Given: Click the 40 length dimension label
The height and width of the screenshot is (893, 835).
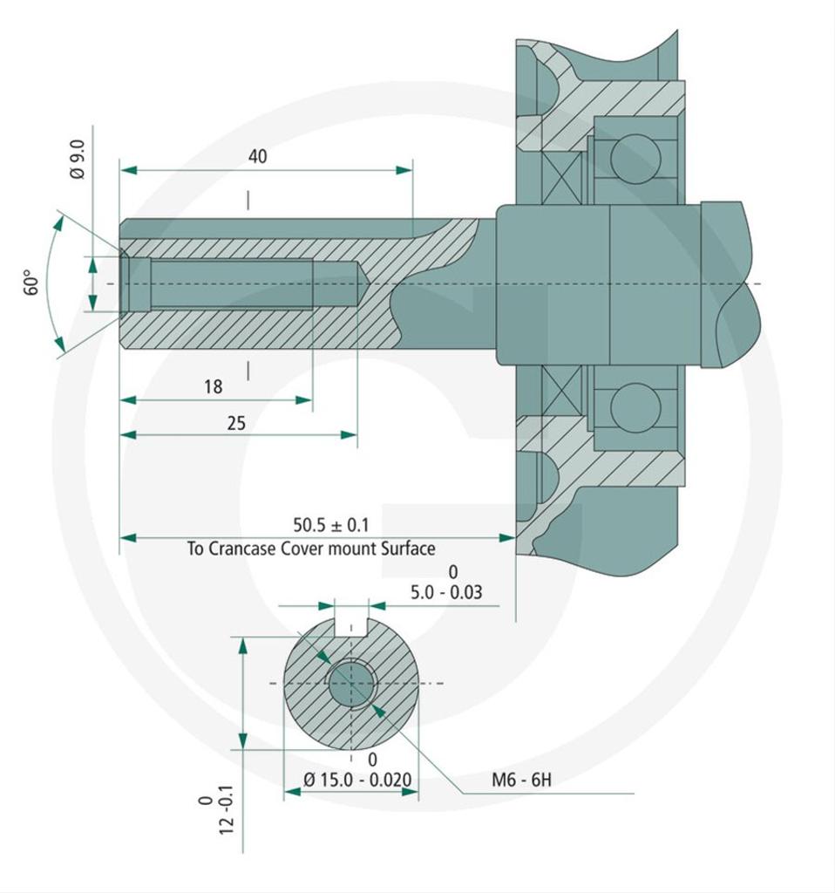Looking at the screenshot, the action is click(257, 156).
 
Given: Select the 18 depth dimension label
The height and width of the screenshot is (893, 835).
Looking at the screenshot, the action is click(213, 386).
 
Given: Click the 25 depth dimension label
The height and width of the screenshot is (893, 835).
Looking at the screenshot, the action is click(236, 423).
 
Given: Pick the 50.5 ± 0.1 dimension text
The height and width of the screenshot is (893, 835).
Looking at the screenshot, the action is click(330, 524).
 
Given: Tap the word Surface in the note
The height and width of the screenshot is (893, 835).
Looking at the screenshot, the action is click(408, 549).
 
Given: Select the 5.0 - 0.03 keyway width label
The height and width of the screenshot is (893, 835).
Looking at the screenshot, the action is click(446, 592).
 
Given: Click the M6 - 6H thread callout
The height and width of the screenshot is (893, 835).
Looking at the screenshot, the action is click(521, 780).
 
